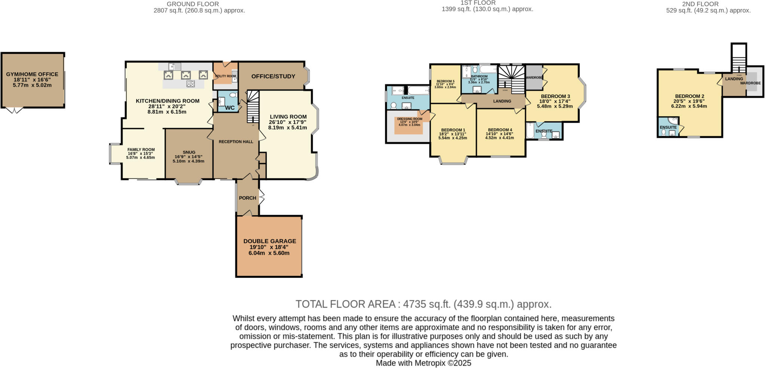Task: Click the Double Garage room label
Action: [270, 241]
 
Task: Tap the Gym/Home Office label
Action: [32, 74]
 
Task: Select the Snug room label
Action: [189, 152]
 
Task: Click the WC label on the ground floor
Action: [230, 108]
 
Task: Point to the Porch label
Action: [248, 198]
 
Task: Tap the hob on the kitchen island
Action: [191, 84]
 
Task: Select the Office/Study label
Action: [273, 76]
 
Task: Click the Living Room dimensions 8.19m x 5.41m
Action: [287, 128]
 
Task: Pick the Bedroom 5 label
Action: [445, 81]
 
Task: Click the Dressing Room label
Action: [410, 119]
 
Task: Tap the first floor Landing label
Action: [502, 101]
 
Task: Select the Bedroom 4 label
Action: [500, 130]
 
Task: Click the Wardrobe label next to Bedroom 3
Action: [534, 78]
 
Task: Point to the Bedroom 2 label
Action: [689, 96]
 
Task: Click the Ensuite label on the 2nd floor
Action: [668, 128]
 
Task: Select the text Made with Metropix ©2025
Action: [423, 363]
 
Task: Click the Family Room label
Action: [141, 150]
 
